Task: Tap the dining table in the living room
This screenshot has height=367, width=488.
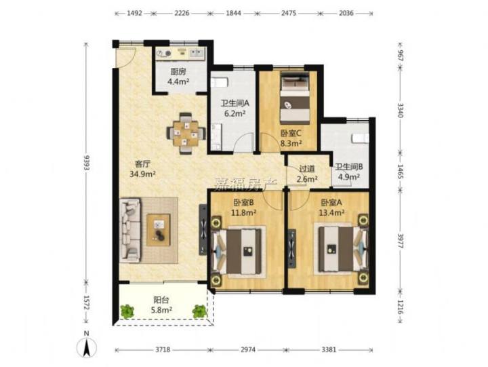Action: [x=186, y=134]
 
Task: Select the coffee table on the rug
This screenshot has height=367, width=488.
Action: [x=159, y=230]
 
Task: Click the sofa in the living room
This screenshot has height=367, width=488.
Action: [x=130, y=230]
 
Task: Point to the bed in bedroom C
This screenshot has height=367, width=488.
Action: [x=295, y=98]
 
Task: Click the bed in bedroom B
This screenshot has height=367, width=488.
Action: [x=239, y=251]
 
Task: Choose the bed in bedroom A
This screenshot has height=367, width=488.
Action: [x=341, y=248]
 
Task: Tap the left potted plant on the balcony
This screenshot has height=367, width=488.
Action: [x=127, y=311]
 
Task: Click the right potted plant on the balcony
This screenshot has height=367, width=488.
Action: [x=199, y=311]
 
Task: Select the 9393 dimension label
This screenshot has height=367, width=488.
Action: [x=87, y=162]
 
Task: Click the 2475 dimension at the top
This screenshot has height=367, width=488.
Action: [x=289, y=13]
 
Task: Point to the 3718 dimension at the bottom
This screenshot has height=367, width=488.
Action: [x=163, y=349]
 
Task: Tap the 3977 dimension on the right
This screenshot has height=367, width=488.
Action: [x=401, y=240]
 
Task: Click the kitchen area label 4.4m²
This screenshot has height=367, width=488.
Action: [x=179, y=82]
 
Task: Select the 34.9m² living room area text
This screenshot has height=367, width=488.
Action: [x=142, y=174]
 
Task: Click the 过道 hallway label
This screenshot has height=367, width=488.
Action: [x=307, y=169]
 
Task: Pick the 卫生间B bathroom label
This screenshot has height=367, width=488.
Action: [x=349, y=167]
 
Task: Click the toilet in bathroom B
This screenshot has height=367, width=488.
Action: [x=360, y=138]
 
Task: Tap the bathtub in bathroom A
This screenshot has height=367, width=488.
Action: [x=220, y=82]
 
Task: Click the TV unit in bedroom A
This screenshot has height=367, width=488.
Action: [x=292, y=248]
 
